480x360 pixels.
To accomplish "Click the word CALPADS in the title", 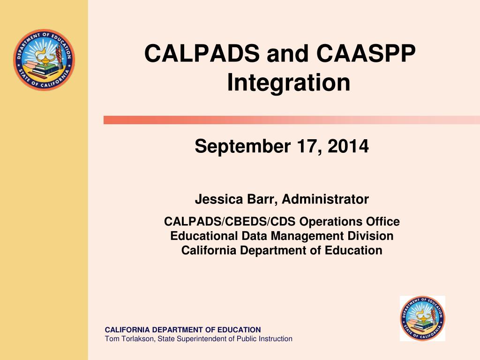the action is [x=202, y=53].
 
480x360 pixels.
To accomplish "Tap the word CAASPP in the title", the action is [x=366, y=53].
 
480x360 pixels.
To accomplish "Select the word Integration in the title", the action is [x=288, y=82].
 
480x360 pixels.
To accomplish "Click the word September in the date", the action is [x=242, y=146].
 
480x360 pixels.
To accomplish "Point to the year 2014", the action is [x=348, y=146].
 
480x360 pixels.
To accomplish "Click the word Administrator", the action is [x=325, y=199].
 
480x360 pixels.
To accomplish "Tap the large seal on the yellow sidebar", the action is [x=44, y=60].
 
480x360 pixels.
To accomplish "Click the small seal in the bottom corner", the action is [x=422, y=318].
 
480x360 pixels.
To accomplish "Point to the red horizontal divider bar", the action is [x=292, y=120].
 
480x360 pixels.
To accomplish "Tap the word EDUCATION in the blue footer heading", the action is [x=239, y=330].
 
